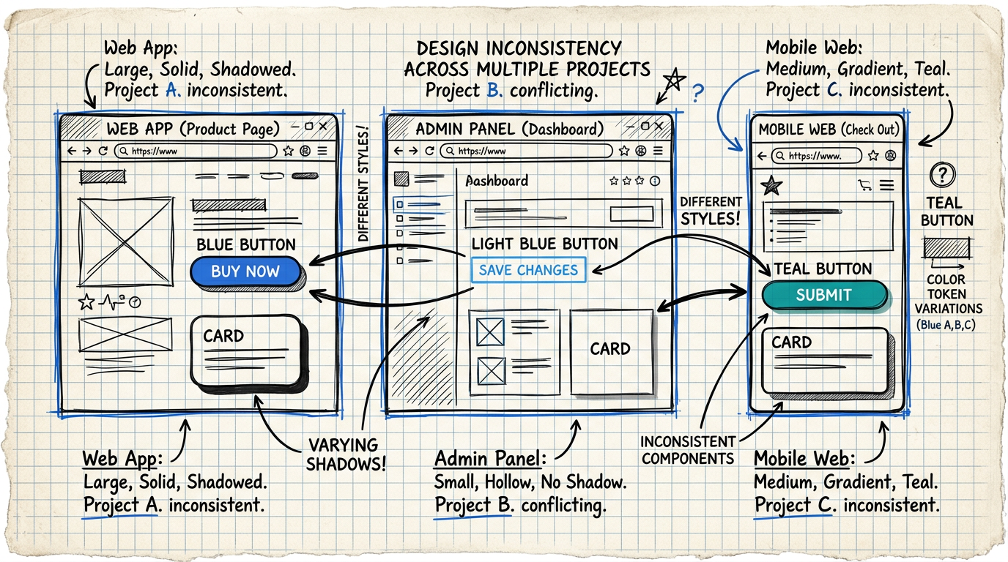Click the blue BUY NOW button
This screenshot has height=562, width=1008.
[x=245, y=271]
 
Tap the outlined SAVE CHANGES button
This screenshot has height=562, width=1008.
[x=528, y=270]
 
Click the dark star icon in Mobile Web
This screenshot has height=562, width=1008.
[x=771, y=186]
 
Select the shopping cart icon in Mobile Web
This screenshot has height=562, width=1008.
[x=864, y=186]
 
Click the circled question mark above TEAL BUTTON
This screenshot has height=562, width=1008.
[x=942, y=175]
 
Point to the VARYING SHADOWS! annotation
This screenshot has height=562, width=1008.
[x=343, y=454]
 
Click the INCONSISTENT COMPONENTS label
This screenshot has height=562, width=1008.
[x=687, y=449]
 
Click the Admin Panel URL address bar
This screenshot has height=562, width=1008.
[x=526, y=151]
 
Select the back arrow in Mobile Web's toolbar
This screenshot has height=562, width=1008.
[x=762, y=156]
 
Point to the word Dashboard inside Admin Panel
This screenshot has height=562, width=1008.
[x=497, y=181]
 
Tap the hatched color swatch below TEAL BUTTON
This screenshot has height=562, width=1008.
[x=946, y=248]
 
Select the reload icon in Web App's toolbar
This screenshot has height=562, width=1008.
[x=103, y=151]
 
